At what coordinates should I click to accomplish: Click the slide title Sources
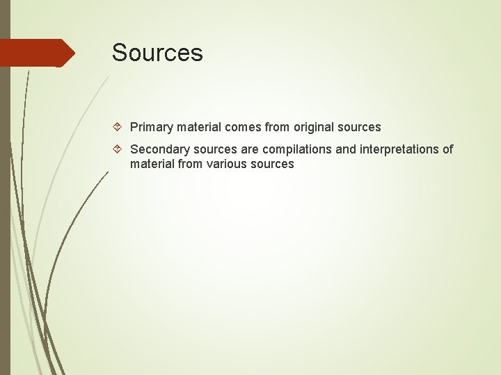coord(157,53)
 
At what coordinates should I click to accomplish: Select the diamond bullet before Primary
coord(119,127)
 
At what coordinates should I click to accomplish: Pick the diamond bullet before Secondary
coord(119,149)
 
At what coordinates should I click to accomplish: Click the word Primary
coord(151,127)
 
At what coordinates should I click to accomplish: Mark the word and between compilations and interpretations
coord(346,149)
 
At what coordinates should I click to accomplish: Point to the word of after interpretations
coord(447,149)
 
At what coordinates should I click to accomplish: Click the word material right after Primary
coord(198,127)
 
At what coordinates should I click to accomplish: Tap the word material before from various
coord(152,165)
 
